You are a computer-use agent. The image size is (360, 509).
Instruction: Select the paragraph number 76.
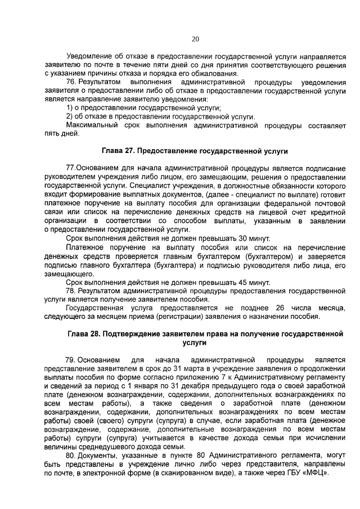click(x=71, y=82)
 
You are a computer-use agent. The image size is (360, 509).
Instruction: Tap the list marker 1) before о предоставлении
click(x=70, y=108)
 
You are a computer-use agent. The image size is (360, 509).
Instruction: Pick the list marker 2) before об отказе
click(x=70, y=116)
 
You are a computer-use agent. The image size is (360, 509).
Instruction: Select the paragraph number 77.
click(x=71, y=168)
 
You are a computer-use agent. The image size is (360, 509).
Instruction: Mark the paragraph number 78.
click(x=71, y=290)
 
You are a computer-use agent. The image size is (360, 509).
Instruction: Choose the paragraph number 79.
click(x=71, y=359)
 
